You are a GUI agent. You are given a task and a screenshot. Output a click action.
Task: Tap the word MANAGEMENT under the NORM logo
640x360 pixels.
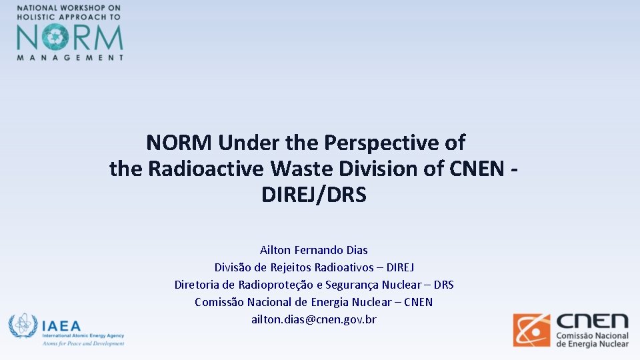70,57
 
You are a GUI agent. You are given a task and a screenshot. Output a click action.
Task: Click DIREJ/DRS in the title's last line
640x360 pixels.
314,195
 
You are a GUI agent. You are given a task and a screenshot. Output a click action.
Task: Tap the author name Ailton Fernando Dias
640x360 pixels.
314,250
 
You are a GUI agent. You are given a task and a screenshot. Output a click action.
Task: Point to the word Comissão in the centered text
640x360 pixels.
219,302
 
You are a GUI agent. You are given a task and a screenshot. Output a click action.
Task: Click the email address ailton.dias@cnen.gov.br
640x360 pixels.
314,319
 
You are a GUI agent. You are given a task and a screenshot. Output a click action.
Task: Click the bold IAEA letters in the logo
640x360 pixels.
61,326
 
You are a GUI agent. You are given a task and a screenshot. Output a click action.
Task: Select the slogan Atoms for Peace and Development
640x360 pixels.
83,343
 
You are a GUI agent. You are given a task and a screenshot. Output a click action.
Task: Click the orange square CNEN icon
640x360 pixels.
531,330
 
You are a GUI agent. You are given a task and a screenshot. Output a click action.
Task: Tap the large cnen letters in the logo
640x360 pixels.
592,321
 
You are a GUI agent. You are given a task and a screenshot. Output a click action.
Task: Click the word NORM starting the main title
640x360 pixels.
179,143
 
